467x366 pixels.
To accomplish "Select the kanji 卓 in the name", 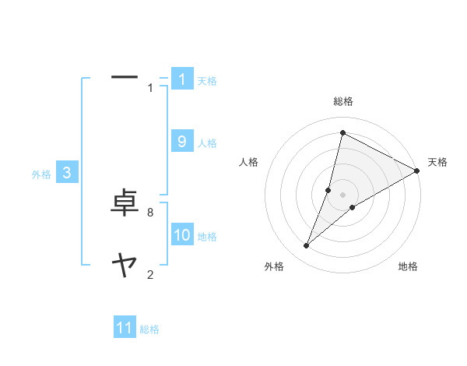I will tap(125, 205).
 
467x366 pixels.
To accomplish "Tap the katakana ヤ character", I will tap(125, 266).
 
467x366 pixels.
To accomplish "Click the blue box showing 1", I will tap(182, 79).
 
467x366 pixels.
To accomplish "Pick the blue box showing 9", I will tap(182, 141).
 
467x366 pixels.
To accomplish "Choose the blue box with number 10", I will tap(182, 235).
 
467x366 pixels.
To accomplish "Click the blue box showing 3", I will tap(67, 173).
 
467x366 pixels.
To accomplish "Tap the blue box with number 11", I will tap(125, 328).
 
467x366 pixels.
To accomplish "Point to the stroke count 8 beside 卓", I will tap(149, 212).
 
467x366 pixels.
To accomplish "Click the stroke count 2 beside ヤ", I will tap(149, 273).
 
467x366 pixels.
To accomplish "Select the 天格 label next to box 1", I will tap(207, 80).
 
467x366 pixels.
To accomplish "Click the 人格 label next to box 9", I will tap(207, 143).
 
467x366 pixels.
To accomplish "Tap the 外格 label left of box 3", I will tap(41, 174).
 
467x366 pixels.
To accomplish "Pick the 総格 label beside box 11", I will tap(149, 329).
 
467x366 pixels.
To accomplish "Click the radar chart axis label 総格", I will tap(343, 100).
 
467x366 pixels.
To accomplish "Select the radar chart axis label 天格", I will tap(437, 162).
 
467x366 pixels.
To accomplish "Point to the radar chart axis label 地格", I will tap(408, 266).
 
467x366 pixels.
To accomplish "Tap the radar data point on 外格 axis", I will tap(307, 246).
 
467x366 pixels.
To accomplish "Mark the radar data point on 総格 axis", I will tap(342, 133).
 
